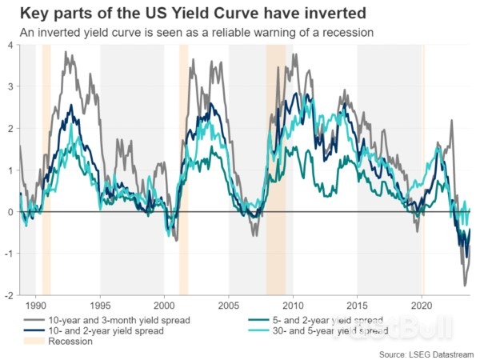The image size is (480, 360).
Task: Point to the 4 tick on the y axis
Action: click(10, 45)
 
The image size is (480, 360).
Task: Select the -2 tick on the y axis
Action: click(8, 295)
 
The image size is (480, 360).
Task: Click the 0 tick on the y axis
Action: click(10, 211)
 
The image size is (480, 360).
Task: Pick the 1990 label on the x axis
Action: click(35, 306)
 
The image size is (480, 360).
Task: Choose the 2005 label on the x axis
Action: click(229, 306)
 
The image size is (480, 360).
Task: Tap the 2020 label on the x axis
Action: click(422, 306)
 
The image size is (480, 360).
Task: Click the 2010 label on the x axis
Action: click(293, 306)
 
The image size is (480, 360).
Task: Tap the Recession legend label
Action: click(70, 341)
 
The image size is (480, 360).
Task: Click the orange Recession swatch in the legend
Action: click(30, 341)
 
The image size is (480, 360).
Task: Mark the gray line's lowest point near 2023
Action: click(465, 285)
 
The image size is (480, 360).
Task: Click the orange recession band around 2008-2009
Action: click(275, 160)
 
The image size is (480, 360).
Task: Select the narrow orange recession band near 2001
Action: click(183, 160)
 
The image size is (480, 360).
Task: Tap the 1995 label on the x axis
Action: click(100, 306)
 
